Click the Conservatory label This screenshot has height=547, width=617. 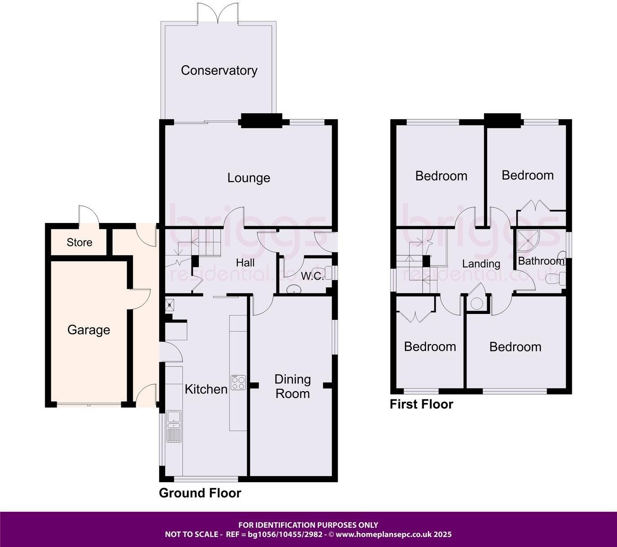click(x=219, y=70)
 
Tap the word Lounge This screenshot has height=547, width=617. click(x=249, y=178)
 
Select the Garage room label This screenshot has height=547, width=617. click(x=89, y=329)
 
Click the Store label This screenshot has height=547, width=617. click(x=80, y=242)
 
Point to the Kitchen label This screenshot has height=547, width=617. click(x=206, y=389)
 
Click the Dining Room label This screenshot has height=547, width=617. click(x=292, y=386)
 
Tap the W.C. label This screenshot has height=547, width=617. click(x=312, y=276)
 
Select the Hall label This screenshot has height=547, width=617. click(x=245, y=263)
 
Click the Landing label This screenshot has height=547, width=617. click(x=481, y=264)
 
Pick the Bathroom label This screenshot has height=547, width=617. click(x=541, y=261)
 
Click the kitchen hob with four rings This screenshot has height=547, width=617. click(x=238, y=382)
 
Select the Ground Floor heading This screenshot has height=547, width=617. click(x=200, y=493)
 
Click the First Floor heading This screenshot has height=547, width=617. click(x=421, y=404)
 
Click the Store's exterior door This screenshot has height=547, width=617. click(x=88, y=216)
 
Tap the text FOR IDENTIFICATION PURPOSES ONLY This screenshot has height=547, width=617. click(x=308, y=525)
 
